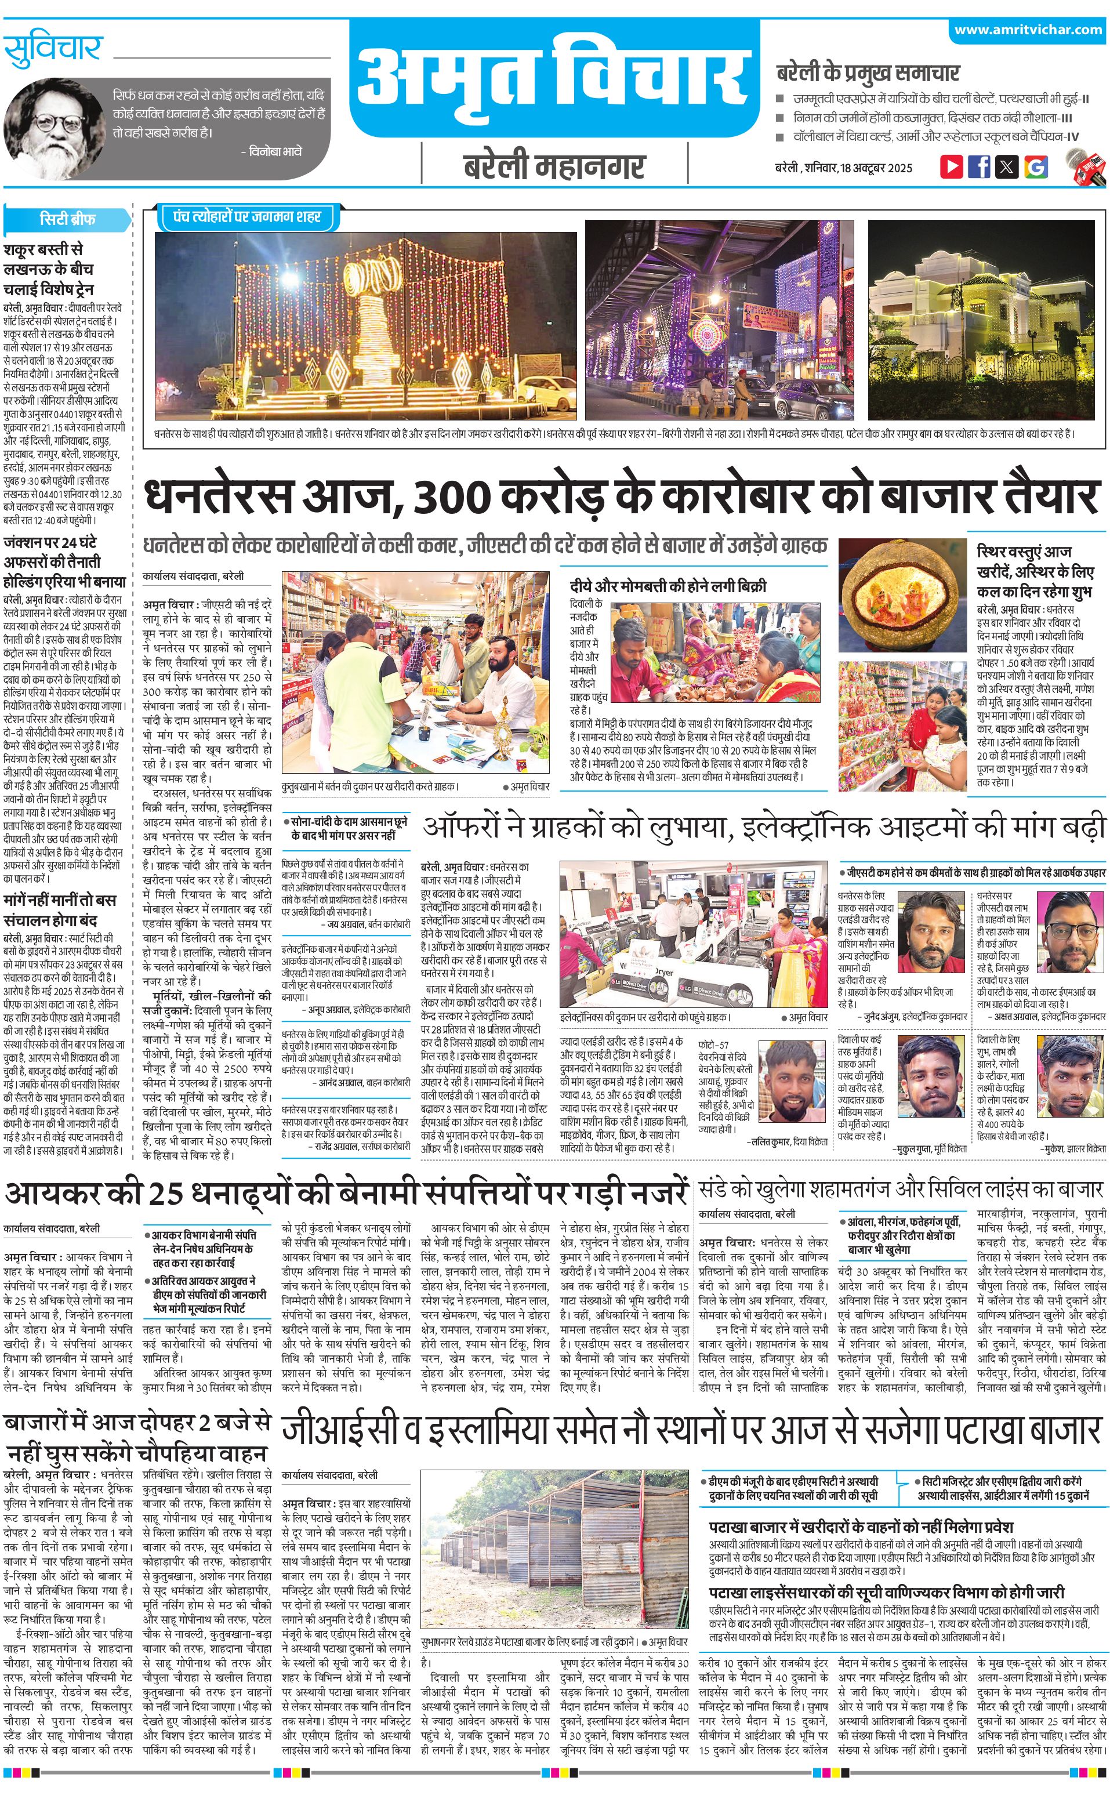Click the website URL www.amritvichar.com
coord(1028,30)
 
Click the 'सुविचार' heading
coord(53,49)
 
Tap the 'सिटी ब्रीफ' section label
coord(67,219)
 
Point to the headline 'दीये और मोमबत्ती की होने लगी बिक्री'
coord(668,586)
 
